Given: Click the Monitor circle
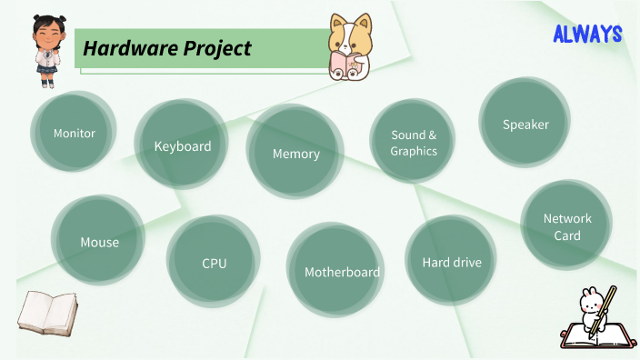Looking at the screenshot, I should coord(74,134).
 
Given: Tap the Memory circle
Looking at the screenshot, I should coord(295,153).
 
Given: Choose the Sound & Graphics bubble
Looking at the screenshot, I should coord(414,143).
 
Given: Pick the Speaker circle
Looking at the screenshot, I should coord(525,125).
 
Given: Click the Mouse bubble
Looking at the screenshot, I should coord(99,242).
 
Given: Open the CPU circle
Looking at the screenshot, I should coord(214,264).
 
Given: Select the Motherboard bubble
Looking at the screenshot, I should coord(342,271).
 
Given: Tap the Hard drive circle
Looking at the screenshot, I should coord(451,262).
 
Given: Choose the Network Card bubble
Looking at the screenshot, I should coord(566,226).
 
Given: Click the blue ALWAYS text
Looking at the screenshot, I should coord(587,35).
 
